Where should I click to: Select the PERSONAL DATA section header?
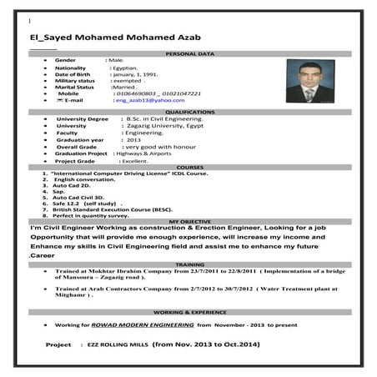click(189, 54)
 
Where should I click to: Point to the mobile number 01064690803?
click(138, 93)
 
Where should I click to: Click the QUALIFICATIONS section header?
click(189, 112)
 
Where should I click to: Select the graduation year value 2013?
click(134, 140)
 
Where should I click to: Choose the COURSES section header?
click(189, 168)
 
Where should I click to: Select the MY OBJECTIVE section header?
click(189, 222)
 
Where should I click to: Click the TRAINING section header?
click(189, 264)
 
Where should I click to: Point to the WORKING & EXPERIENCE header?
click(189, 311)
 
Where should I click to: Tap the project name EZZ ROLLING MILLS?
click(117, 344)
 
